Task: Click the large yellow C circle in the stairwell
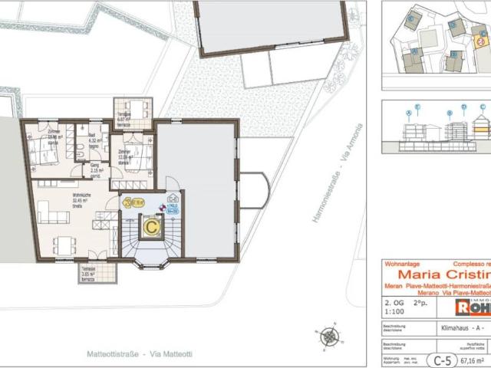(x=153, y=227)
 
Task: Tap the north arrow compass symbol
(x=329, y=336)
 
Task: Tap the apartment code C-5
(x=439, y=359)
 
